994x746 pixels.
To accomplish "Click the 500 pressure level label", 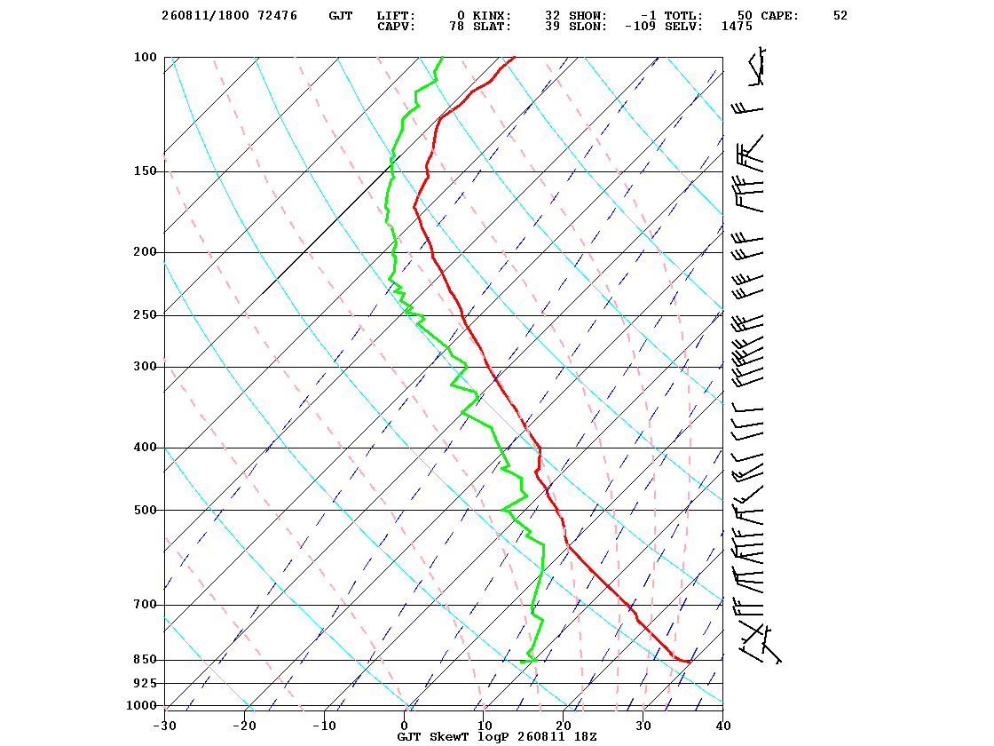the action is click(x=145, y=510).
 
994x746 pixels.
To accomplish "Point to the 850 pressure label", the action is click(x=145, y=660).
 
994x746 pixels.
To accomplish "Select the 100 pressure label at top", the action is click(x=145, y=57).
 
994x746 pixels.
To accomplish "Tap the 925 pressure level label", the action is click(x=145, y=683).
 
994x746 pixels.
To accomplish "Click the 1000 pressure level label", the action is click(x=141, y=705).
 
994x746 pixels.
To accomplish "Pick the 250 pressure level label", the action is click(x=145, y=314).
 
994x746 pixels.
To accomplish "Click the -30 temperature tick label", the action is click(x=164, y=726).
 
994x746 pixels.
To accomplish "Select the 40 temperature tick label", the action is click(x=723, y=726).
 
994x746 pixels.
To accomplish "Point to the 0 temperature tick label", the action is click(x=405, y=726).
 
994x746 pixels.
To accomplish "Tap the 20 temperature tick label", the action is click(x=564, y=726).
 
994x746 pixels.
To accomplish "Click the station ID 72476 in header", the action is click(x=277, y=16).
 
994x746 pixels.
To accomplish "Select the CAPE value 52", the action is click(x=840, y=16).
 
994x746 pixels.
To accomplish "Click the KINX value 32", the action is click(x=552, y=16).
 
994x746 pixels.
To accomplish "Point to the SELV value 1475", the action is click(x=737, y=27).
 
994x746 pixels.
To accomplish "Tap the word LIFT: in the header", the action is click(x=396, y=16).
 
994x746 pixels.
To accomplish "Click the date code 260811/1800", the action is click(x=205, y=16).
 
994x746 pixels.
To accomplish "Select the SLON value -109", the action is click(x=640, y=27).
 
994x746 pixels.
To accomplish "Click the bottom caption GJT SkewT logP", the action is click(x=454, y=736).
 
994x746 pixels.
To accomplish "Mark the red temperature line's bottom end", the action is click(x=690, y=663).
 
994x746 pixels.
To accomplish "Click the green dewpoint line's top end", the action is click(x=443, y=57).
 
